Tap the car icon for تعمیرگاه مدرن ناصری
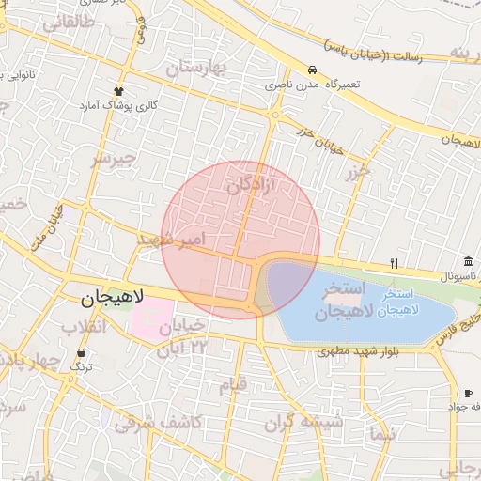[311, 71]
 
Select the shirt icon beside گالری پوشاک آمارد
[119, 90]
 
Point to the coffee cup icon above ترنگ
[82, 353]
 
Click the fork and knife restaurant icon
[395, 263]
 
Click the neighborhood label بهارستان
[198, 69]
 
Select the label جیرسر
[114, 158]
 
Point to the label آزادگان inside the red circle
[252, 187]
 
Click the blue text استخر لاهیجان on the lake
[405, 302]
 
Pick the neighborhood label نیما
[383, 433]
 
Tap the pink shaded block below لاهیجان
[153, 318]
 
